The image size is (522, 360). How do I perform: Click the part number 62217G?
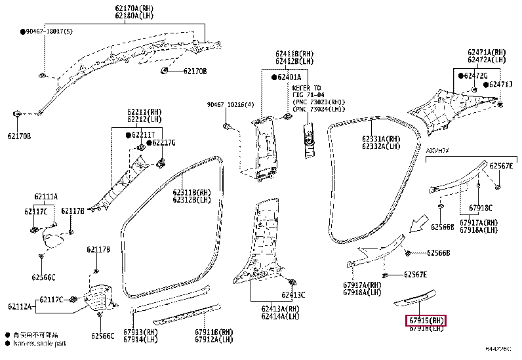(163, 143)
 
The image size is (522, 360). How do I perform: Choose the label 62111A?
(46, 196)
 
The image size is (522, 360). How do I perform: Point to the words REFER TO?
(306, 88)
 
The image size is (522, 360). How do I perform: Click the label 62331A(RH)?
(380, 139)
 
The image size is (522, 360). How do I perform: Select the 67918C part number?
(480, 208)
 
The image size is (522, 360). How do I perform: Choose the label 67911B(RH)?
(214, 332)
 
